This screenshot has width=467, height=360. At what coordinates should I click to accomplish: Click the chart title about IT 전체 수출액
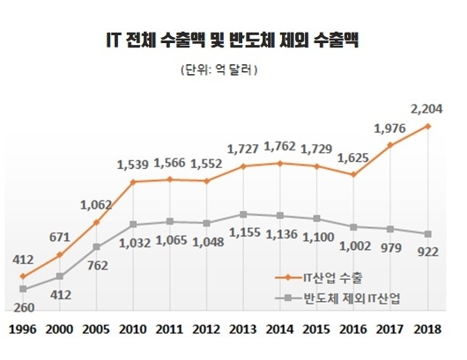point(233,40)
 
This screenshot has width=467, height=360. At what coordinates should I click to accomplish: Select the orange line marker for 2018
point(427,126)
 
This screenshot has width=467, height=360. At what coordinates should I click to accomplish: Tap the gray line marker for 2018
point(427,233)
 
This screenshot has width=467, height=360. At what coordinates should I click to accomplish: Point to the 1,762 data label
point(280,145)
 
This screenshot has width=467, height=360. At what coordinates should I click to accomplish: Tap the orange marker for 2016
point(353,174)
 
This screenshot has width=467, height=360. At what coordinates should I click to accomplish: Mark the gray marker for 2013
point(243,214)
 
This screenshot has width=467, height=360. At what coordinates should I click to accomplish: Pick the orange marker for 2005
point(96,222)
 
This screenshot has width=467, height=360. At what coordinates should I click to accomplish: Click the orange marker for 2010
point(133,182)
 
